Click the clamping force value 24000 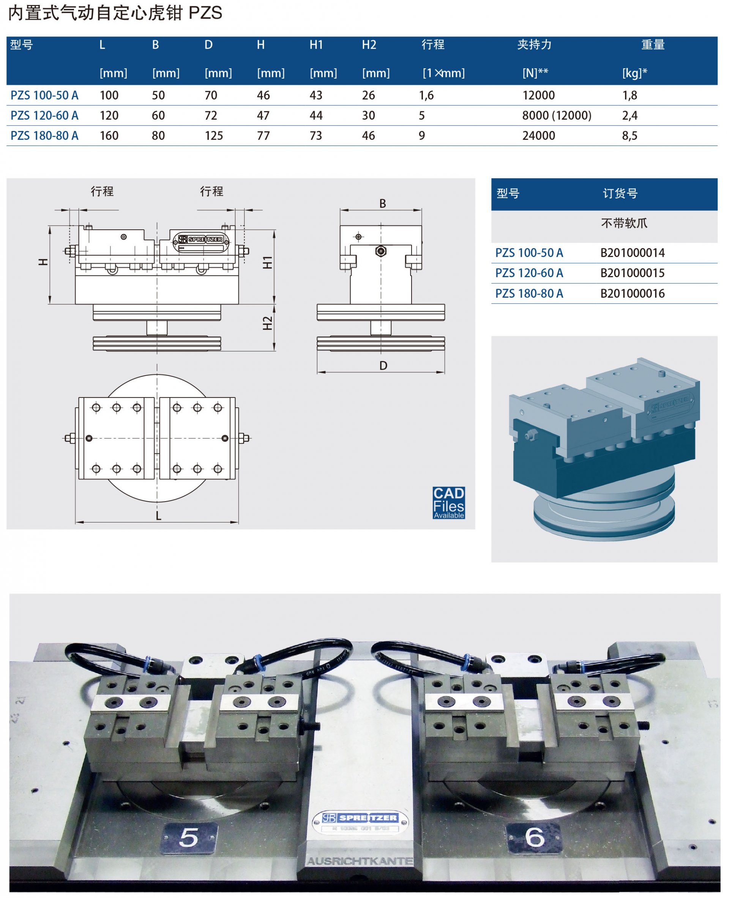pos(538,136)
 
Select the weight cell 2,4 pos(630,115)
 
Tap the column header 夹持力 pos(534,44)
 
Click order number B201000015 pos(632,273)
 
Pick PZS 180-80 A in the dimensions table pos(44,136)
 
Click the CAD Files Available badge pos(448,502)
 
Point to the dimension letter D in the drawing pos(383,365)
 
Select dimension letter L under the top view pos(158,516)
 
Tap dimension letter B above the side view pos(383,204)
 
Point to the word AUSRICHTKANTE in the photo pos(360,861)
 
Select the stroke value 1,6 pos(426,95)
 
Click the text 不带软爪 pos(624,223)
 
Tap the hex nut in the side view pos(380,251)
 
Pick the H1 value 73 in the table pos(316,136)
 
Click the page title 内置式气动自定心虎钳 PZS pos(115,13)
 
